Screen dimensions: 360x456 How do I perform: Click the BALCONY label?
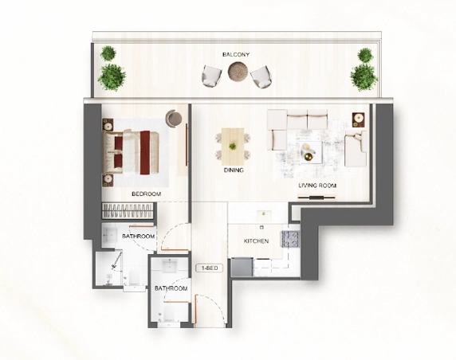[x=235, y=54]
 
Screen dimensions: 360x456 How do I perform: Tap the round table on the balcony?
[x=237, y=72]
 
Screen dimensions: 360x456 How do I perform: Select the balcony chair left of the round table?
[x=212, y=76]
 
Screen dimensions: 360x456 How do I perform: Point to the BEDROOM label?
[x=146, y=194]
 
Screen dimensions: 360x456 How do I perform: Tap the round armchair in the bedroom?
[x=175, y=119]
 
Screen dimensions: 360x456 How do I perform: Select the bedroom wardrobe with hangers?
[x=128, y=212]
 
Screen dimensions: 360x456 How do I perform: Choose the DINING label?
[x=234, y=170]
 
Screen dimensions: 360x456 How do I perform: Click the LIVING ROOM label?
[x=317, y=186]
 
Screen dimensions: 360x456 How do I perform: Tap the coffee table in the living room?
[x=309, y=151]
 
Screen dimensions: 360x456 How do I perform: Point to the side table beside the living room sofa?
[x=356, y=121]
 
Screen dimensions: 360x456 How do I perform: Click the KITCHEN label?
[x=256, y=241]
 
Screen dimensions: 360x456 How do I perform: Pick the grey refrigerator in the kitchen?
[x=241, y=268]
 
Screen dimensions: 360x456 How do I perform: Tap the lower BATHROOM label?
[x=171, y=288]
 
